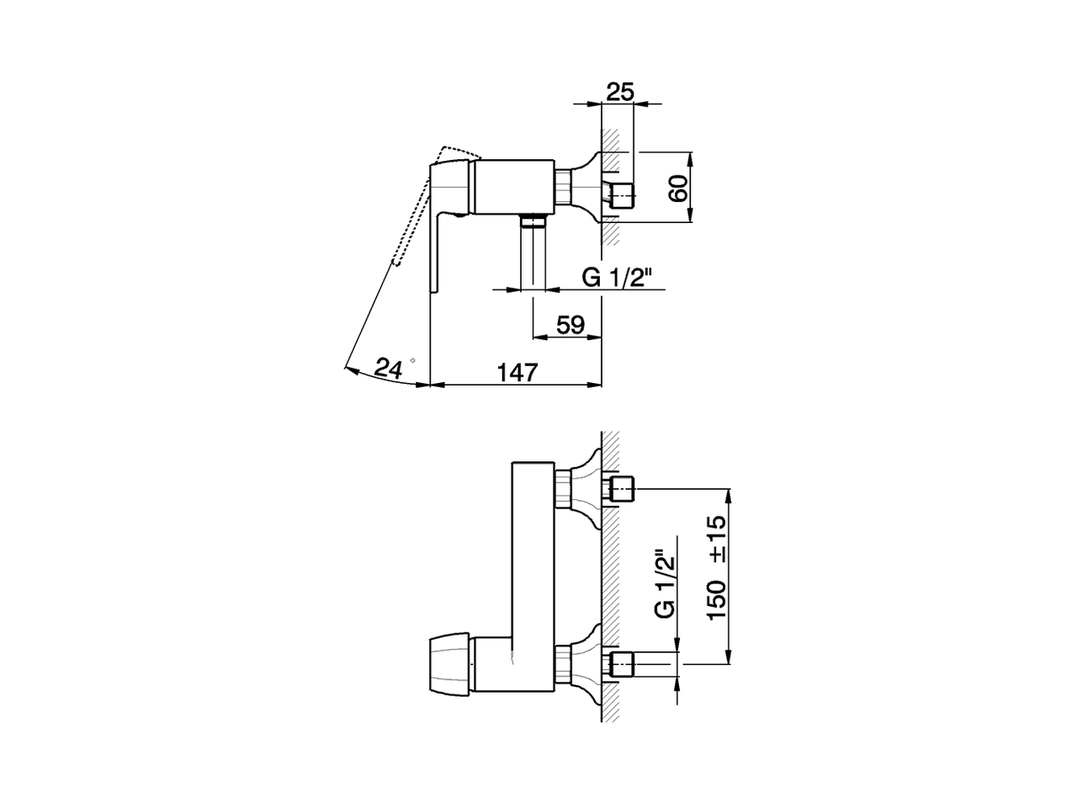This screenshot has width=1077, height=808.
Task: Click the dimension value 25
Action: pyautogui.click(x=619, y=92)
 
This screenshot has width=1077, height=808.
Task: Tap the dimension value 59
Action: pyautogui.click(x=570, y=325)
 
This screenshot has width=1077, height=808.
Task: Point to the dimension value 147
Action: pyautogui.click(x=516, y=371)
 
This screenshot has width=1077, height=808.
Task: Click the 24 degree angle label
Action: pyautogui.click(x=389, y=367)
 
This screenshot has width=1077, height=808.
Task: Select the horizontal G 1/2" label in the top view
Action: pyautogui.click(x=617, y=278)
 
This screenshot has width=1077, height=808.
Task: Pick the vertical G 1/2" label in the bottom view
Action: pyautogui.click(x=665, y=585)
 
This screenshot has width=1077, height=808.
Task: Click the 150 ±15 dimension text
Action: pyautogui.click(x=717, y=568)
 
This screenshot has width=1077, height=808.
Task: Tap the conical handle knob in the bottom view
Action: pyautogui.click(x=450, y=664)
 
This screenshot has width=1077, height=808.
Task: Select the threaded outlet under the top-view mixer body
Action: pyautogui.click(x=532, y=222)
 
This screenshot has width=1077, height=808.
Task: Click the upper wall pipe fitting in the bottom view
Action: pyautogui.click(x=622, y=489)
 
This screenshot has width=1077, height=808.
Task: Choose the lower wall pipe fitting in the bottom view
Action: pyautogui.click(x=622, y=664)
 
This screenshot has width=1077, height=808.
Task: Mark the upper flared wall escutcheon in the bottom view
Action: pyautogui.click(x=588, y=489)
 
